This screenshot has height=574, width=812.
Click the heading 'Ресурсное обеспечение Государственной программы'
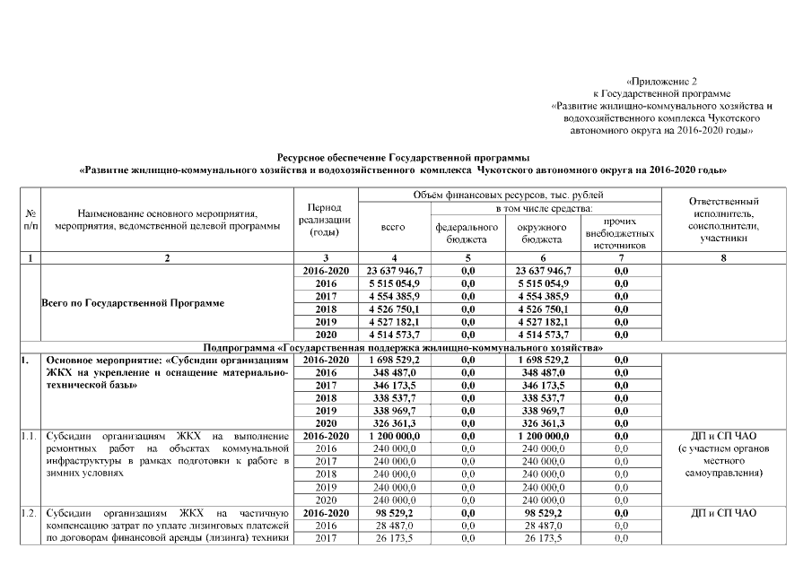click(x=403, y=156)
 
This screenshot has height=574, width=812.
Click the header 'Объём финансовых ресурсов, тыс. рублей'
click(x=510, y=195)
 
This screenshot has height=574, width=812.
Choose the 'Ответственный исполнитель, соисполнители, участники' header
click(x=723, y=220)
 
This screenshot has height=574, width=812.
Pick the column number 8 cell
click(x=723, y=258)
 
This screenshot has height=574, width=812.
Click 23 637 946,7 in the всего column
click(x=394, y=270)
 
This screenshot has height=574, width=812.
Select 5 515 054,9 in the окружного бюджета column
click(x=543, y=283)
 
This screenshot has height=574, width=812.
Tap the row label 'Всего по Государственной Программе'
click(x=134, y=302)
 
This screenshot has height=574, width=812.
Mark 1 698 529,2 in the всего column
click(x=394, y=359)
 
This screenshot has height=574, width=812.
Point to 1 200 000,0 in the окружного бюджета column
click(x=543, y=435)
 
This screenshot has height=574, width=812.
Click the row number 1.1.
click(x=30, y=436)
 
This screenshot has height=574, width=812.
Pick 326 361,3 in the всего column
click(x=394, y=422)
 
